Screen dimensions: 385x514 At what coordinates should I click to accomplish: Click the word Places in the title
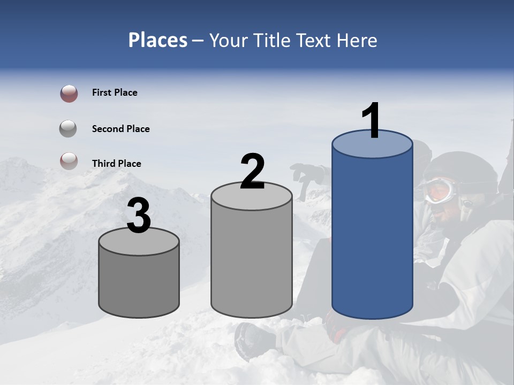point(157,40)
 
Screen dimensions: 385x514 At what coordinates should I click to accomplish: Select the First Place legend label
point(115,93)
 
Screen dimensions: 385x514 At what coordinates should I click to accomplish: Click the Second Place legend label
point(120,129)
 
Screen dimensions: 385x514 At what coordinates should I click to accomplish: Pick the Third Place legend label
point(116,164)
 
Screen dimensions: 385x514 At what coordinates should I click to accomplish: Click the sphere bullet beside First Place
point(69,94)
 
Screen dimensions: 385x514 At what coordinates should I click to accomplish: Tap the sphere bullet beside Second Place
point(68,129)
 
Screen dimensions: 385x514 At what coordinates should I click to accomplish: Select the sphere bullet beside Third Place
point(69,161)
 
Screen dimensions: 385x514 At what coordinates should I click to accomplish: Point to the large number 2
point(252,172)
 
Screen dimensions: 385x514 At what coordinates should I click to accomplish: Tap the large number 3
point(139,216)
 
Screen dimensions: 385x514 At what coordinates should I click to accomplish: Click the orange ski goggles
point(439,190)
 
